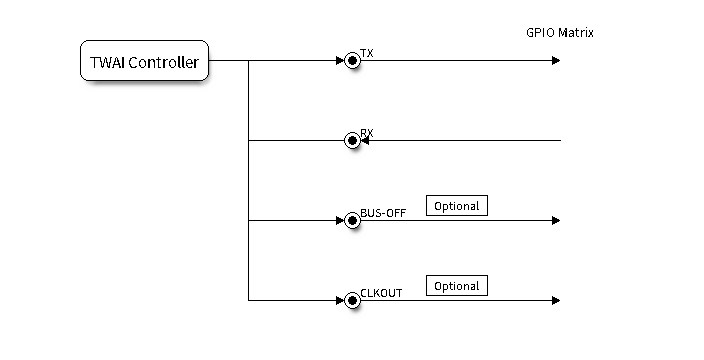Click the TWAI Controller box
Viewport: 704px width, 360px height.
click(144, 61)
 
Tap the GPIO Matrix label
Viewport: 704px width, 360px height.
click(559, 33)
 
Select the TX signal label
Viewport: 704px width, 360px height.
click(367, 53)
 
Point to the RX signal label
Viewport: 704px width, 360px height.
click(367, 133)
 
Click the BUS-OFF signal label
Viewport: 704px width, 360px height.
click(383, 213)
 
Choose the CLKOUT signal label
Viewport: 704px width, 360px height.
click(381, 293)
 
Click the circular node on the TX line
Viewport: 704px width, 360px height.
click(352, 61)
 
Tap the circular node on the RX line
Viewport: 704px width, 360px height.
click(352, 140)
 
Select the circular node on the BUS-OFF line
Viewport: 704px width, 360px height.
click(352, 220)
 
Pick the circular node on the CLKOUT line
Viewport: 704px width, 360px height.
click(352, 300)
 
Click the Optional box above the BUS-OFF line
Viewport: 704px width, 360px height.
click(457, 206)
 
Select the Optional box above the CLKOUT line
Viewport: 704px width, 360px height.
click(457, 285)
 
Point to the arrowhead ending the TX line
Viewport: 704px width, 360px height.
click(556, 61)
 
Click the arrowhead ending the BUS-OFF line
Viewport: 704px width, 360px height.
click(556, 220)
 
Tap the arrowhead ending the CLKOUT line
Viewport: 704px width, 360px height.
click(556, 300)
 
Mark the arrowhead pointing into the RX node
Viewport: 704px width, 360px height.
click(365, 140)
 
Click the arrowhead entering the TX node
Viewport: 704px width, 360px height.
click(340, 61)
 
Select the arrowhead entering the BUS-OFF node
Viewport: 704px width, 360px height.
click(340, 220)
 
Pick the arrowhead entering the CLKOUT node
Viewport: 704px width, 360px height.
click(340, 300)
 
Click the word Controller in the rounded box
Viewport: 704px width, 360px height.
click(163, 62)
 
